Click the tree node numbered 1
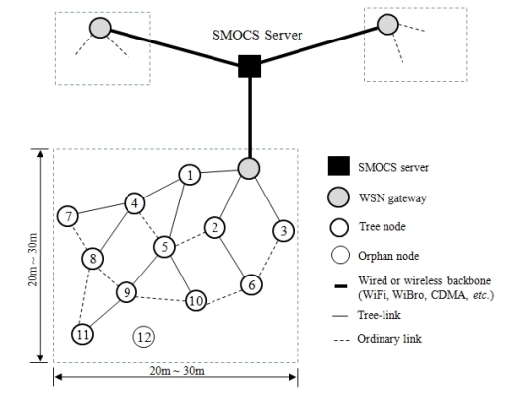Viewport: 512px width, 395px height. (189, 175)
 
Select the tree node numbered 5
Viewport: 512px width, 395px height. (167, 245)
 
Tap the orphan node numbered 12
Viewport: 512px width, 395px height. (143, 336)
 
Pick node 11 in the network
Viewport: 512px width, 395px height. (82, 334)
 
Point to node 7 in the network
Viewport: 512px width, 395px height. (68, 215)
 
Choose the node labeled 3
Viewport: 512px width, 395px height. (283, 231)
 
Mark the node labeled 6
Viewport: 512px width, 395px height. (251, 284)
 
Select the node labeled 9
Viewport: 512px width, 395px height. (127, 292)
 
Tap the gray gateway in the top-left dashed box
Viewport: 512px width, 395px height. (99, 28)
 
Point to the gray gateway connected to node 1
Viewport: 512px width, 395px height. (249, 168)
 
